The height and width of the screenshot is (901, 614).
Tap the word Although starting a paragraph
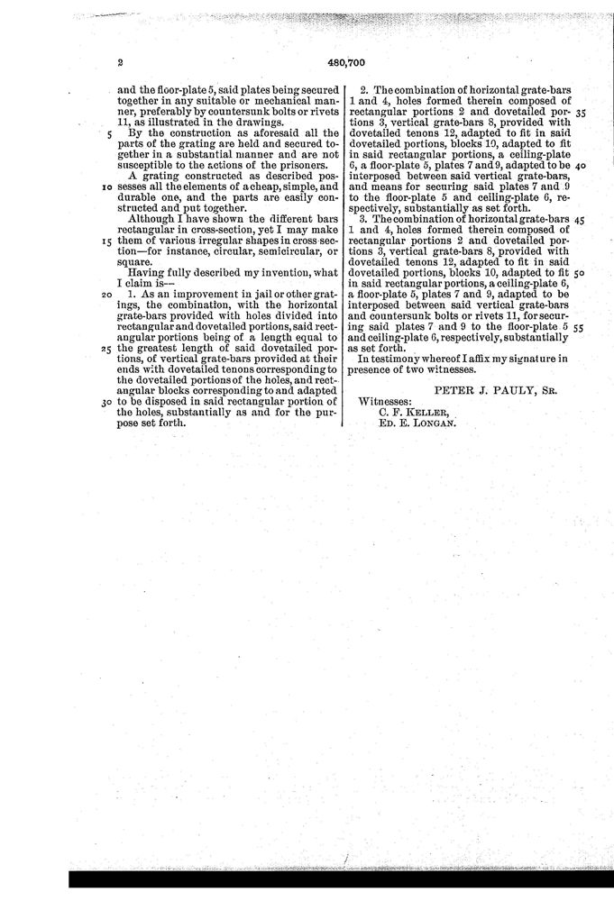[154, 219]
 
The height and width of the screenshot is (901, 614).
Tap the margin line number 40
[580, 166]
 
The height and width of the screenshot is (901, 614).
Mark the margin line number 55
[580, 328]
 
